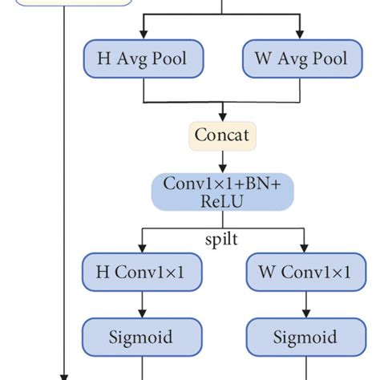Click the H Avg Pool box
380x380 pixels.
click(x=144, y=59)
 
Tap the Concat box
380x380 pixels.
click(x=223, y=135)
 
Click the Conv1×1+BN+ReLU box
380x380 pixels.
click(x=223, y=193)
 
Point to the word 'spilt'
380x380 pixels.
click(x=223, y=240)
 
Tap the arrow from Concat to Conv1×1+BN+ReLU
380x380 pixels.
click(x=223, y=163)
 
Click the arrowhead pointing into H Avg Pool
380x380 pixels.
click(x=144, y=35)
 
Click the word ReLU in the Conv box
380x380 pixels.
click(x=223, y=202)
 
